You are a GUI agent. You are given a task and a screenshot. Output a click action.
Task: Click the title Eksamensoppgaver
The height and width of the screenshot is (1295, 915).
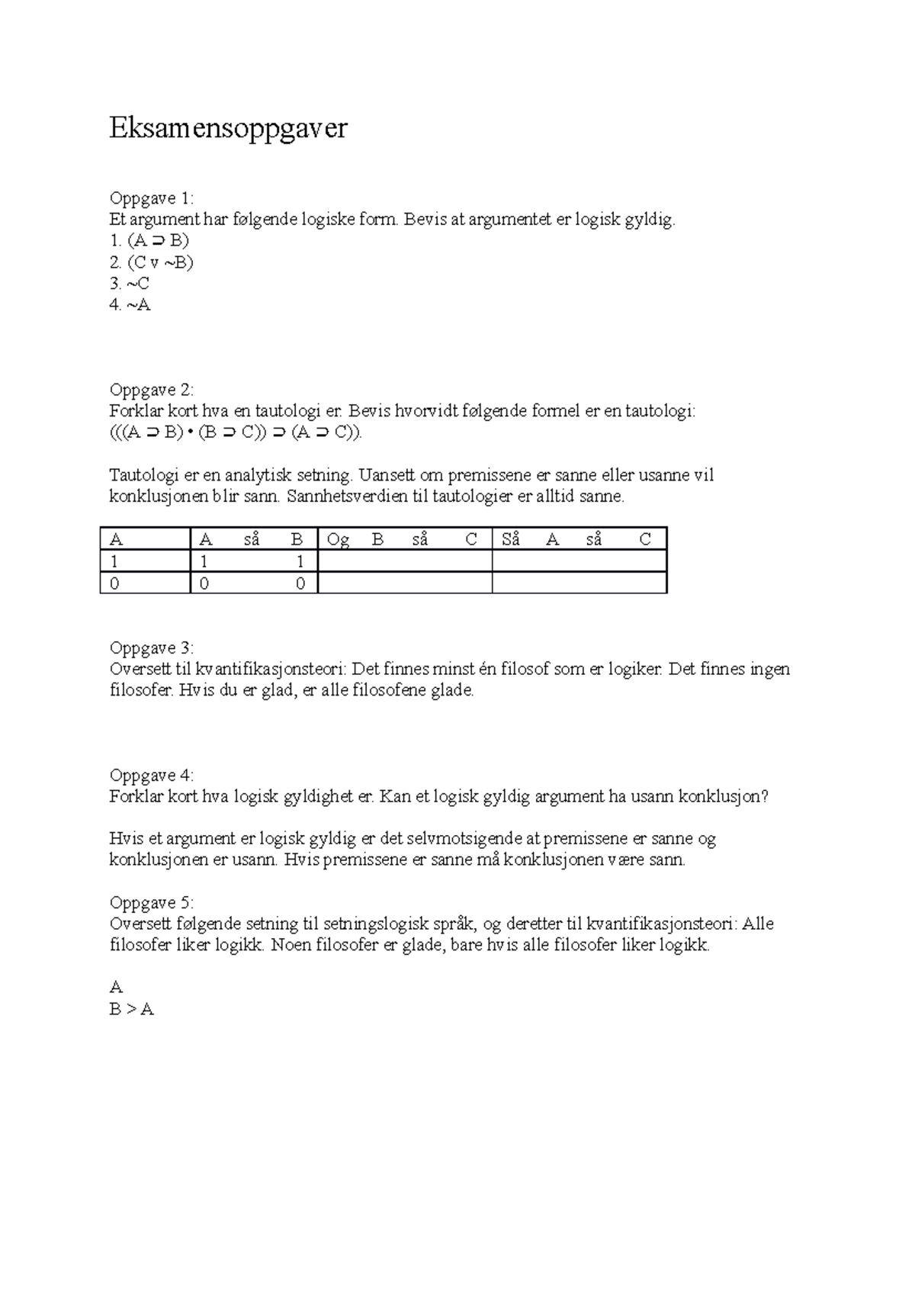[228, 129]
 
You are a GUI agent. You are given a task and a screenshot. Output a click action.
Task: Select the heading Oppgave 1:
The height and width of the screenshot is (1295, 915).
[152, 199]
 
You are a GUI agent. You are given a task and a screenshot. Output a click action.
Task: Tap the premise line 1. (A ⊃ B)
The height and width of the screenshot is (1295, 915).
[149, 241]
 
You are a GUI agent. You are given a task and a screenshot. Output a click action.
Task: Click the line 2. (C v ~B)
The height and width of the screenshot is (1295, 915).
[152, 263]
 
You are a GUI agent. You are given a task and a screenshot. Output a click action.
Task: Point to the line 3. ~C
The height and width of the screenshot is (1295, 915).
[129, 284]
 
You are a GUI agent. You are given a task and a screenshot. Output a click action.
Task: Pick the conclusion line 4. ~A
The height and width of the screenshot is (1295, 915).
[130, 306]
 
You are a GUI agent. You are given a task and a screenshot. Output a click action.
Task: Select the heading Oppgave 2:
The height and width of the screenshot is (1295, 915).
[152, 390]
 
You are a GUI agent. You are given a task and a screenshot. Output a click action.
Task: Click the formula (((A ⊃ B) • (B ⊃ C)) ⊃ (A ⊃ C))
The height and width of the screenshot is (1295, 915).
[237, 433]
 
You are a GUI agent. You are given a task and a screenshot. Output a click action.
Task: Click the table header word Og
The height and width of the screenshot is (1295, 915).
[338, 540]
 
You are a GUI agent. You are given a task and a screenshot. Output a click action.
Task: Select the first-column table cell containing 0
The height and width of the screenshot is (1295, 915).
[115, 583]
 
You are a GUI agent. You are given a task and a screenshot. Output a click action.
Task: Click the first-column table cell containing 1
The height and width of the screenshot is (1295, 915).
[115, 562]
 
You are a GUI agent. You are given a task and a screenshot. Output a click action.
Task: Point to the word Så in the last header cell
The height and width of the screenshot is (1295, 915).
[511, 540]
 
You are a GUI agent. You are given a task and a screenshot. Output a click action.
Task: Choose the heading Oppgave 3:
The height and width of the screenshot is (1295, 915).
[152, 648]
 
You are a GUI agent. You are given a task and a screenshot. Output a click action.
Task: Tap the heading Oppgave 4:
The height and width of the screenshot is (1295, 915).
[152, 776]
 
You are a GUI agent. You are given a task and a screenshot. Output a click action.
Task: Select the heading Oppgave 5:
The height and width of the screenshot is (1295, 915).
[152, 903]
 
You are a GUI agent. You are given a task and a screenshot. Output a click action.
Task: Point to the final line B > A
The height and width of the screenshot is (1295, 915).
[132, 1010]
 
